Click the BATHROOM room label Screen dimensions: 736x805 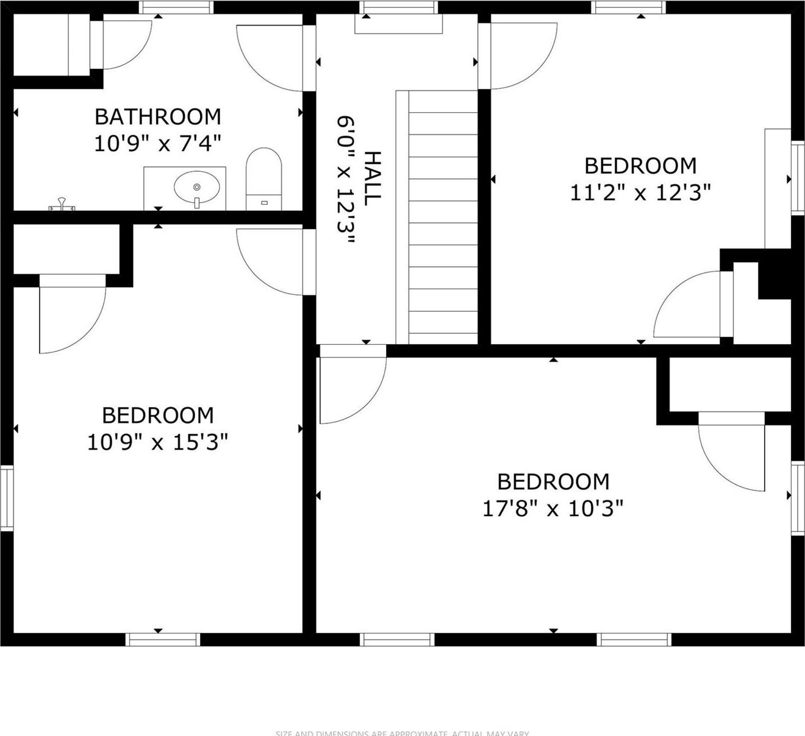pos(157,116)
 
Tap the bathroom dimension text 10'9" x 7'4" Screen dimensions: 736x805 pos(157,143)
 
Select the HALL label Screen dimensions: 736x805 pos(372,177)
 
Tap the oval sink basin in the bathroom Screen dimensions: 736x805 pos(196,186)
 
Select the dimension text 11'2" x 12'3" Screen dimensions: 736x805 pos(640,193)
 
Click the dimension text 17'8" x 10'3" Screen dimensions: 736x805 pos(553,508)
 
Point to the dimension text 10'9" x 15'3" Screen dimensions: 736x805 pos(157,442)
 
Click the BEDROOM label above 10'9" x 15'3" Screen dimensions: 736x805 pos(157,416)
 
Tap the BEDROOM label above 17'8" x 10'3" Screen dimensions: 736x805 pos(553,482)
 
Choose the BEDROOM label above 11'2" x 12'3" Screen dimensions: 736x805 pos(640,166)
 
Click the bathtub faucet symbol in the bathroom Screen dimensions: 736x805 pos(61,205)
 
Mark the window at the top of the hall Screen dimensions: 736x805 pos(399,7)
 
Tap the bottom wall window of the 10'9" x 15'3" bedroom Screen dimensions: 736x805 pos(163,639)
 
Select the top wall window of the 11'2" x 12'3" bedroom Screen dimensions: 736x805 pos(629,7)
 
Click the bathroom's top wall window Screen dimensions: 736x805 pos(176,7)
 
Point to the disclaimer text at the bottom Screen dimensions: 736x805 pos(402,733)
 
